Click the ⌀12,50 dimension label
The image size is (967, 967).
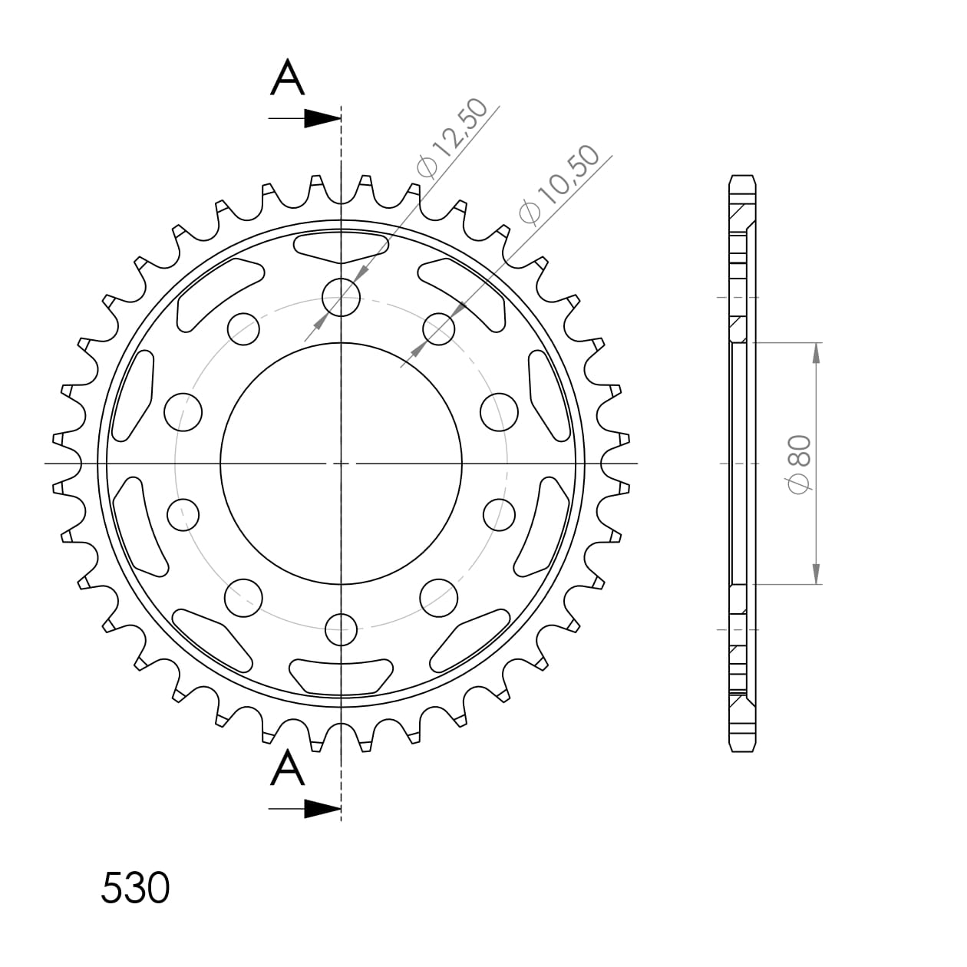click(x=451, y=138)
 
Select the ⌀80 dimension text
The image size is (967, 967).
click(x=800, y=464)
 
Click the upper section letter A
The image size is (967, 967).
click(x=288, y=77)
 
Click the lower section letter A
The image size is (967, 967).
click(x=288, y=767)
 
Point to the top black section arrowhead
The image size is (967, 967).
click(x=322, y=118)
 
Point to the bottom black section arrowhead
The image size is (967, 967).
click(x=322, y=809)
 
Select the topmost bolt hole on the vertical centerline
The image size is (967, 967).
click(x=341, y=298)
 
